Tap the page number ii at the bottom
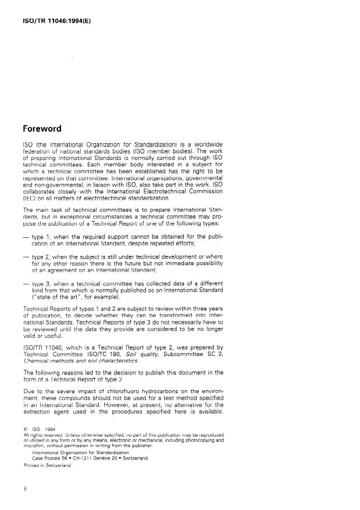tap(24, 489)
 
